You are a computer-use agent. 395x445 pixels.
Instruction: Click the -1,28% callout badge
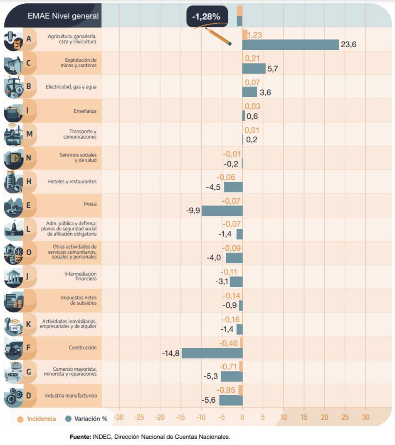tap(207, 17)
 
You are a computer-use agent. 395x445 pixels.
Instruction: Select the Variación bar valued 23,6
tap(291, 44)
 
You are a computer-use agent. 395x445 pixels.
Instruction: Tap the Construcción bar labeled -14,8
tap(212, 353)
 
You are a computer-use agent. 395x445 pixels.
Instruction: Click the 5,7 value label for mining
tap(273, 69)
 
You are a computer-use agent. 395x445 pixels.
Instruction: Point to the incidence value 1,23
tap(254, 35)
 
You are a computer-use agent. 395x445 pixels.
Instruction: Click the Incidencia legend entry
tap(37, 418)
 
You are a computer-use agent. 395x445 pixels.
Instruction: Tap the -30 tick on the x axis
tap(119, 417)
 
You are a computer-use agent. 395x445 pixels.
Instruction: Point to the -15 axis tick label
tap(180, 417)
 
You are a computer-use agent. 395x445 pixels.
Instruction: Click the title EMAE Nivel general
tap(63, 16)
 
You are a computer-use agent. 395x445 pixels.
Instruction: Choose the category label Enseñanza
tap(85, 111)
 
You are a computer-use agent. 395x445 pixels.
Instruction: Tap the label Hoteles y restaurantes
tap(72, 181)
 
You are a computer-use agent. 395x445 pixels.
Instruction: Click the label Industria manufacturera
tap(71, 396)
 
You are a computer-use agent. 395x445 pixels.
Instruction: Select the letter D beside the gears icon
tap(28, 396)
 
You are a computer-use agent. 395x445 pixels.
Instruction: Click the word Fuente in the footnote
tap(80, 437)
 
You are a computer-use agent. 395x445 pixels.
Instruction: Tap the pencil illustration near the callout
tap(218, 36)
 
